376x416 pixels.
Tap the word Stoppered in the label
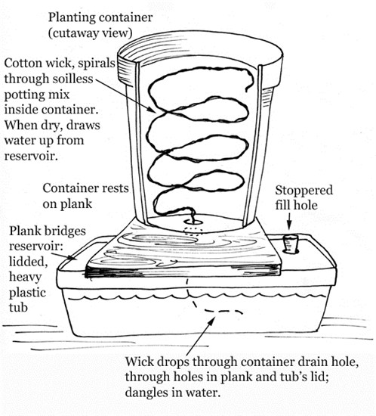304,191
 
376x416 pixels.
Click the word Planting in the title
72,18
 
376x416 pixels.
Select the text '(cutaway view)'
90,33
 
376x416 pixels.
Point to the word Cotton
23,64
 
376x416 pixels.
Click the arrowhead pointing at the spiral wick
151,110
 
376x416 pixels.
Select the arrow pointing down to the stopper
289,222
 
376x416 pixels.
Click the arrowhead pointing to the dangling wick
211,321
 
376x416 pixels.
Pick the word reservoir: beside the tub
36,247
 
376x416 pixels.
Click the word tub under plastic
18,308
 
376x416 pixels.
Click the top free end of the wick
247,90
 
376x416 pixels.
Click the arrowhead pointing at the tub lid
72,258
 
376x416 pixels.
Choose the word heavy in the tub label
26,278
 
